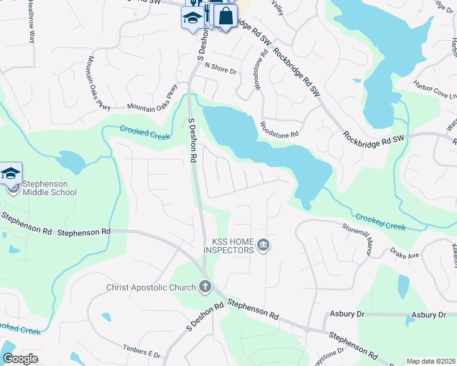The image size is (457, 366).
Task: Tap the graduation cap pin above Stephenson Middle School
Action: pos(10,173)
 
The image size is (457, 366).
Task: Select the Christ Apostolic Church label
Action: pos(150,287)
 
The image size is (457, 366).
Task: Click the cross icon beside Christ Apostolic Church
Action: pos(205,287)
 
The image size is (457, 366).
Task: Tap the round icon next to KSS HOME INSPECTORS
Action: pos(263,246)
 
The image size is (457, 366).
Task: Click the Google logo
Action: pos(20,359)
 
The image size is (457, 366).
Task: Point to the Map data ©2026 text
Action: pos(431,361)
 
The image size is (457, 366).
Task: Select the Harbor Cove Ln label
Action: pos(435,90)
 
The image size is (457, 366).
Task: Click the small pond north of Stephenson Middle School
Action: pos(70,162)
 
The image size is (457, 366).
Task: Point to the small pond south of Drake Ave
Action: pos(403,284)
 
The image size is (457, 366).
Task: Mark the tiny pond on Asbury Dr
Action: pos(408,320)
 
